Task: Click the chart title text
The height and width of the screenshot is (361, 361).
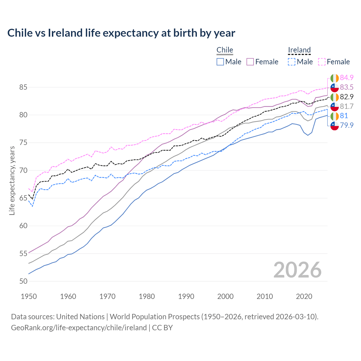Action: click(x=121, y=33)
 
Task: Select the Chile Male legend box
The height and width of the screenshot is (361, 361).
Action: click(x=220, y=62)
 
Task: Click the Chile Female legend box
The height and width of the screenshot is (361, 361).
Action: click(x=250, y=62)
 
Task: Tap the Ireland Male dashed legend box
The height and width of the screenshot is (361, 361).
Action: click(x=292, y=62)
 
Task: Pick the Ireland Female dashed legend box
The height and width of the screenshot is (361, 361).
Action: click(x=322, y=62)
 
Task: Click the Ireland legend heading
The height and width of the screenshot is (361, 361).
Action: click(x=299, y=50)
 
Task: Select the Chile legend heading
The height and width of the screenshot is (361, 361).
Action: click(x=225, y=50)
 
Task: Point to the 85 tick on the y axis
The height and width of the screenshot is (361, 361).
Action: click(x=23, y=87)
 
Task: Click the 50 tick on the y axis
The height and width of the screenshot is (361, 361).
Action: click(x=23, y=281)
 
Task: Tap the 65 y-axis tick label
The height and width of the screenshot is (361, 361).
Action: click(x=23, y=198)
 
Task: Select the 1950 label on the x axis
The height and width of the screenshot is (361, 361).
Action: click(x=29, y=296)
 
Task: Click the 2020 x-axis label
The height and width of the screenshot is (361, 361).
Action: click(x=304, y=296)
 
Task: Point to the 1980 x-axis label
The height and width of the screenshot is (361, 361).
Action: click(x=147, y=296)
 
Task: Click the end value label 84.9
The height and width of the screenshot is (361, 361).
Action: click(x=347, y=78)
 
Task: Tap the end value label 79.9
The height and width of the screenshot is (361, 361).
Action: click(x=347, y=125)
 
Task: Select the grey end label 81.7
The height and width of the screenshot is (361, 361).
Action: click(x=347, y=106)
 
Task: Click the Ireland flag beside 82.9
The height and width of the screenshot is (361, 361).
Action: click(x=334, y=97)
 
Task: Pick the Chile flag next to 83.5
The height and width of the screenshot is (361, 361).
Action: click(x=334, y=87)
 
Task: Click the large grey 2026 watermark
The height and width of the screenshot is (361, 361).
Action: click(x=297, y=270)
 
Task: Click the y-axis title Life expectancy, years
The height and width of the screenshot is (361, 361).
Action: click(x=12, y=180)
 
